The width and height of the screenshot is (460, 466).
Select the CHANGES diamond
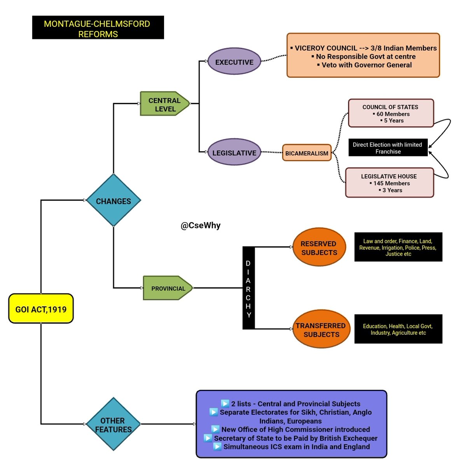[x=113, y=200]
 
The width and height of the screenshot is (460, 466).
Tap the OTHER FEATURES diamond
[x=113, y=424]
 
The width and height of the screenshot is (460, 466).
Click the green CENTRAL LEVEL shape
[x=164, y=104]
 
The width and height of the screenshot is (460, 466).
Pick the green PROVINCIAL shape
[x=168, y=288]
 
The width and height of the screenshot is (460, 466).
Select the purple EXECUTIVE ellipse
[x=234, y=62]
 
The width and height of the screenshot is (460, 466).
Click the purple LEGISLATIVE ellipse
[x=234, y=153]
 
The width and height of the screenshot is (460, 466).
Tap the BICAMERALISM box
[x=307, y=153]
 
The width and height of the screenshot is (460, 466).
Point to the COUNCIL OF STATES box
[x=390, y=113]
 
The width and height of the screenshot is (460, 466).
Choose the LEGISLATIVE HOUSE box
[x=389, y=183]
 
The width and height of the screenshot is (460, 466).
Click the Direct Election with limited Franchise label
[x=388, y=148]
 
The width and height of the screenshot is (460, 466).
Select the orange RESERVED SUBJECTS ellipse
[x=319, y=247]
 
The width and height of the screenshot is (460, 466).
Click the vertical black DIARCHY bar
[x=248, y=288]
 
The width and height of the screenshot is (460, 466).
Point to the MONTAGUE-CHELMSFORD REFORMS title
[x=98, y=28]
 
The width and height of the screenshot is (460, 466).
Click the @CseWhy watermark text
[x=200, y=226]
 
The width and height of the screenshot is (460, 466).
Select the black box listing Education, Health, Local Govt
[x=398, y=329]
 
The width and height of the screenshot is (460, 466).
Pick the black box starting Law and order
[x=398, y=247]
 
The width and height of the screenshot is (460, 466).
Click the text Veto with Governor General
[x=366, y=65]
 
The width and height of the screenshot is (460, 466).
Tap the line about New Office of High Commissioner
[x=295, y=429]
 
